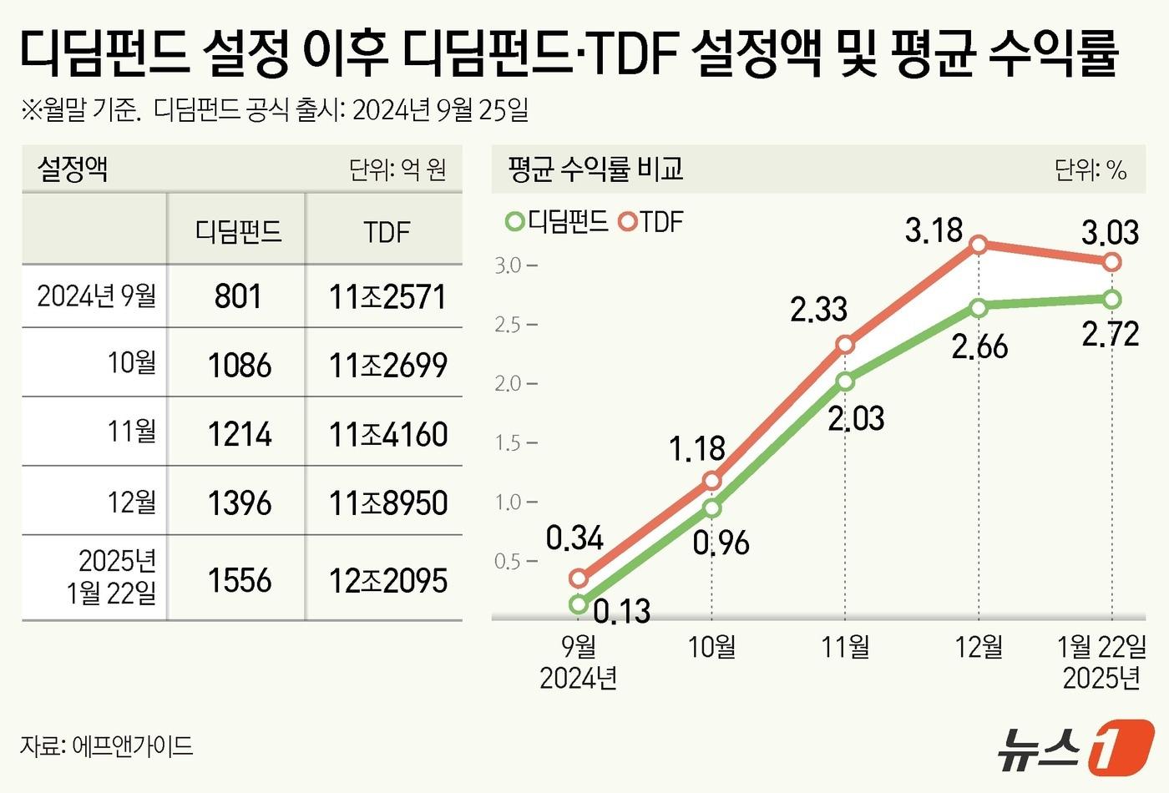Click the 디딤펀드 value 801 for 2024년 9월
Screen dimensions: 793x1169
(238, 296)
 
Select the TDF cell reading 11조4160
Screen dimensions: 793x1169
(387, 435)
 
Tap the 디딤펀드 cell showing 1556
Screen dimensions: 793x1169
(239, 580)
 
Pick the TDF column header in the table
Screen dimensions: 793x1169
(387, 231)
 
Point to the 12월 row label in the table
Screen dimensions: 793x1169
(131, 503)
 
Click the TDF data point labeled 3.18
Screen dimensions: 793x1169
(979, 245)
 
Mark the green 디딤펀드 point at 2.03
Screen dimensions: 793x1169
(845, 381)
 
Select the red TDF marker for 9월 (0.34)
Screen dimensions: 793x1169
(578, 578)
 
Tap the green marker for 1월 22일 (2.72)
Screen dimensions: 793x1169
(1111, 299)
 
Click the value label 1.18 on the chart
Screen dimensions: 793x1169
(697, 449)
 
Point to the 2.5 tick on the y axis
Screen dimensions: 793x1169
(508, 324)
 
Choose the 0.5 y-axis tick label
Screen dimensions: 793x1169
(508, 561)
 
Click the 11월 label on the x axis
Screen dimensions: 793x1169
(845, 647)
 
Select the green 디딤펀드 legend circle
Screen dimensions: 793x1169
(514, 222)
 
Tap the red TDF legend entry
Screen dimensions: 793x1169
(651, 222)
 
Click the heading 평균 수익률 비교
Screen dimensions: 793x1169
(595, 169)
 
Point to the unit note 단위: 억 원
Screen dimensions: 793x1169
(397, 170)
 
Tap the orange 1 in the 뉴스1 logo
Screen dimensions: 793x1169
(1121, 745)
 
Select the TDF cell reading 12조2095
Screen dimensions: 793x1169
(387, 581)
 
